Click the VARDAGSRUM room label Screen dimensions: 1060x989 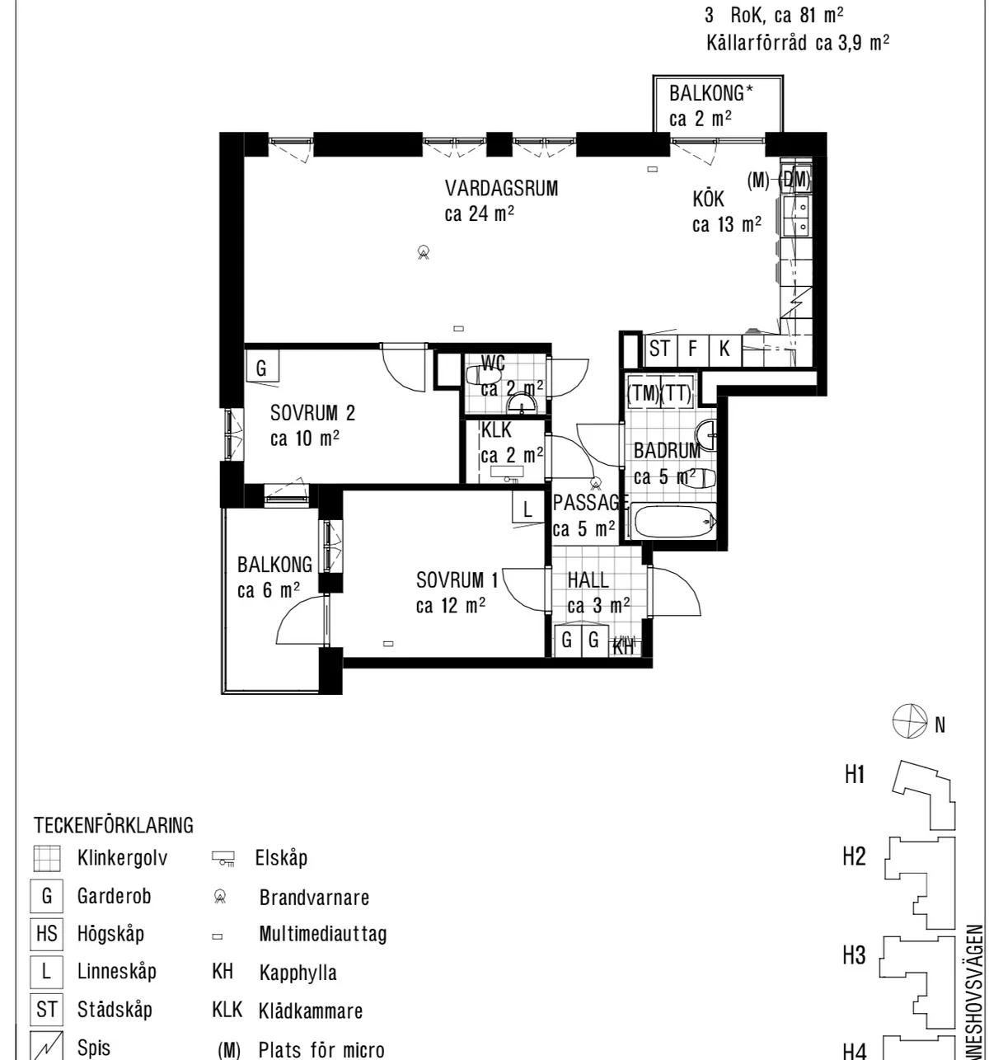coord(501,188)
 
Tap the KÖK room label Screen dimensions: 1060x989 coord(708,199)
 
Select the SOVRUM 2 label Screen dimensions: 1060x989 coord(312,412)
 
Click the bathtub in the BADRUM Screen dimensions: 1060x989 coord(672,522)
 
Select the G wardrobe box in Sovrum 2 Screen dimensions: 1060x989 coord(262,368)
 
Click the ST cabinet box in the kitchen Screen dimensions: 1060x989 coord(659,349)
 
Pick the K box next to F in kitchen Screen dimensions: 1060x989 coord(724,349)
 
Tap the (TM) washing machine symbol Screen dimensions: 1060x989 coord(643,393)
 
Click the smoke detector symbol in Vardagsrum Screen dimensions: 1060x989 coord(423,252)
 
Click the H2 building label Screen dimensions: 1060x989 coord(854,857)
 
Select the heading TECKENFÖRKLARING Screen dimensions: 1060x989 coord(114,824)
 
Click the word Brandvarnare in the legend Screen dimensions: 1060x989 coord(314,898)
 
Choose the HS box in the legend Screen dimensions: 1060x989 coord(46,934)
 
